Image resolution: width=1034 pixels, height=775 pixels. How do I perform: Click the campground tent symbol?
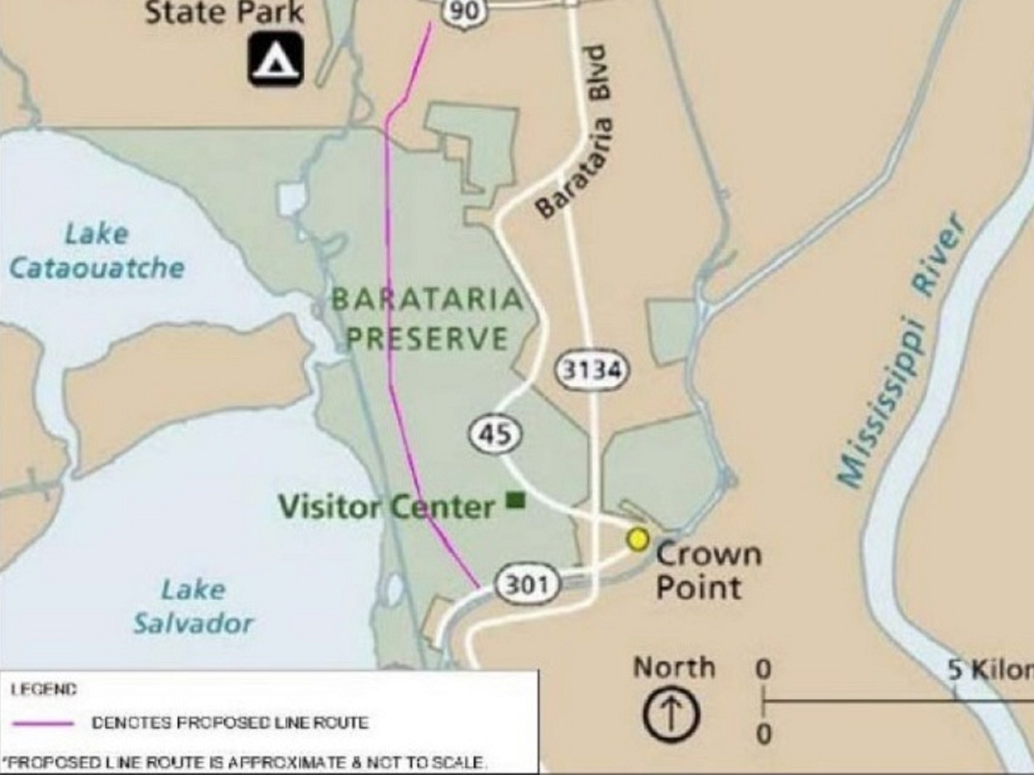(276, 59)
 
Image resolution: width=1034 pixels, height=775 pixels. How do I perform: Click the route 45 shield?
(495, 434)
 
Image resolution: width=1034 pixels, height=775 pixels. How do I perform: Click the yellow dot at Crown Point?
(638, 539)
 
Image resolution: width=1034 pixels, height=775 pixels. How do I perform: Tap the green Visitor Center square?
(515, 500)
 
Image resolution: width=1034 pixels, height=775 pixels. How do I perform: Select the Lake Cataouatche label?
(97, 251)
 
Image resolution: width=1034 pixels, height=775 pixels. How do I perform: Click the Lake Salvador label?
(193, 606)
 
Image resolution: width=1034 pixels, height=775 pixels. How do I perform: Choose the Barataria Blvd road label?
(574, 132)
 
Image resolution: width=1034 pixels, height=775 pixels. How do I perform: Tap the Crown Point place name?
(708, 571)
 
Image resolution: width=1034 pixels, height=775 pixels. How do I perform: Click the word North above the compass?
(674, 667)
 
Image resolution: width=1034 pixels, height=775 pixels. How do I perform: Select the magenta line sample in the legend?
(43, 723)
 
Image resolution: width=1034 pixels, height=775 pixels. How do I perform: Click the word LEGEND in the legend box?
(44, 690)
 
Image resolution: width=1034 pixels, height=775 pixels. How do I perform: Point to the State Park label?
(224, 12)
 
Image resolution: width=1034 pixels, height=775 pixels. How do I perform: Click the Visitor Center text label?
(386, 506)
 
